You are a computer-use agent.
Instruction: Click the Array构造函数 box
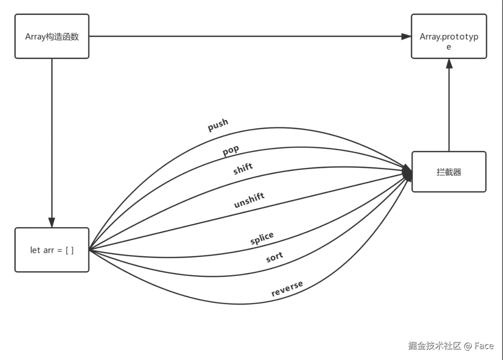[x=52, y=37]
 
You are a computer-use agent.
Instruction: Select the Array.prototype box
[x=449, y=37]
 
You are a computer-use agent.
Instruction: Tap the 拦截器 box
[x=449, y=172]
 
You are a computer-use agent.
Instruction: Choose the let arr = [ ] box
[x=52, y=250]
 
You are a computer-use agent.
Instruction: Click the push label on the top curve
[x=218, y=125]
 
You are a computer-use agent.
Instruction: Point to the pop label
[x=231, y=151]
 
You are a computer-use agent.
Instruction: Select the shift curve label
[x=243, y=169]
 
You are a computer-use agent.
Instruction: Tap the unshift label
[x=249, y=200]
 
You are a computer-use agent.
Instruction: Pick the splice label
[x=262, y=238]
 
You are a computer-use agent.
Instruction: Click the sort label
[x=274, y=257]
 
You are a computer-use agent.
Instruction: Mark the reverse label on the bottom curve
[x=287, y=288]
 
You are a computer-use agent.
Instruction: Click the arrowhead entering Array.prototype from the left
[x=406, y=36]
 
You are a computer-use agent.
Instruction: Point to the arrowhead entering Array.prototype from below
[x=449, y=64]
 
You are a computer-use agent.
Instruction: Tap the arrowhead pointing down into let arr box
[x=52, y=222]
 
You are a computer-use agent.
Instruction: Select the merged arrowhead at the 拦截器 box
[x=407, y=173]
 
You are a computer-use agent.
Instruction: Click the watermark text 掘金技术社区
[x=434, y=345]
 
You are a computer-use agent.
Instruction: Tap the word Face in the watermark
[x=484, y=345]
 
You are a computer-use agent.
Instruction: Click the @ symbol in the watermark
[x=467, y=346]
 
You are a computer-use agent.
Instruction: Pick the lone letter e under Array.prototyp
[x=449, y=47]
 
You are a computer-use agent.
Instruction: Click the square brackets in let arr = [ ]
[x=70, y=250]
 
